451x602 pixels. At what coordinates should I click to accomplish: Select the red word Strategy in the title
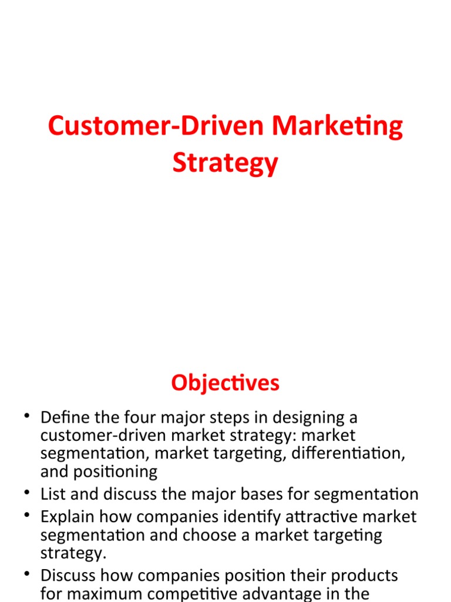[x=225, y=163]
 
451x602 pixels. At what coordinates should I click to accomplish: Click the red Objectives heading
[x=225, y=383]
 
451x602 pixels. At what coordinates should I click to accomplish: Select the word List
[x=53, y=494]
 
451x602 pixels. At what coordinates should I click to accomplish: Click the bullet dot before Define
[x=26, y=417]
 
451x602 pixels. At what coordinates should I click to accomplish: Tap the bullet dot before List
[x=26, y=493]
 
